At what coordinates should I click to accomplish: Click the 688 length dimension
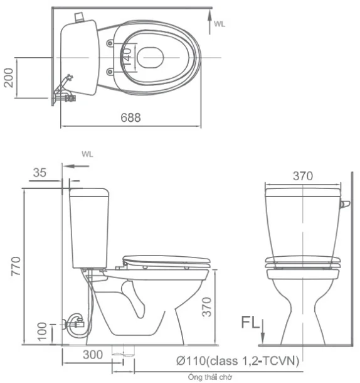[x=131, y=117]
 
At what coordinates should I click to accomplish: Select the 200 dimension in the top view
[x=9, y=78]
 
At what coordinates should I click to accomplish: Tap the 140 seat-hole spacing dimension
[x=127, y=57]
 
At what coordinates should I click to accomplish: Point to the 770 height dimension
[x=16, y=266]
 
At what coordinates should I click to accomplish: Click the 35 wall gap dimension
[x=40, y=173]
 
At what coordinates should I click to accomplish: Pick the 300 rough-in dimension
[x=93, y=355]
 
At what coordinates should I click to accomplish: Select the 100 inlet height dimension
[x=42, y=332]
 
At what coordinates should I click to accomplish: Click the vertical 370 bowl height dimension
[x=206, y=307]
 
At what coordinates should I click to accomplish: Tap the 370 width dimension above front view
[x=303, y=176]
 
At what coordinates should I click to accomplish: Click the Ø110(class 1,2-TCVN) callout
[x=238, y=361]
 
